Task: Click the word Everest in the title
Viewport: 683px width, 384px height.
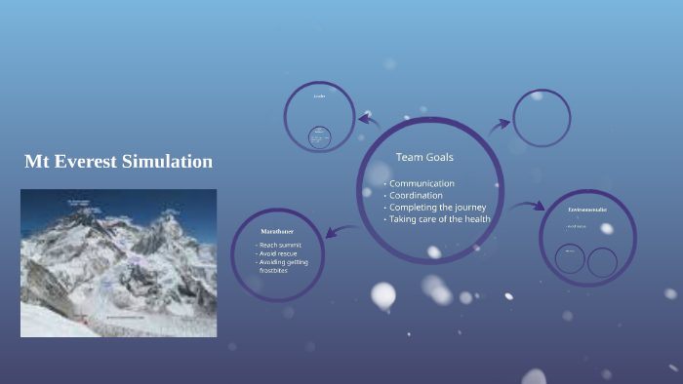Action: [x=83, y=162]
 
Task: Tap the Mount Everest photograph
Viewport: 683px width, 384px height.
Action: [x=118, y=263]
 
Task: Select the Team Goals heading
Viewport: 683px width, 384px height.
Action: [x=424, y=157]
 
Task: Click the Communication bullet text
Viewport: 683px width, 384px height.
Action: [x=422, y=183]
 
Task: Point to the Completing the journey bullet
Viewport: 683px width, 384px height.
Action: [x=436, y=208]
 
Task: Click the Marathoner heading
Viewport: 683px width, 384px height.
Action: [x=278, y=230]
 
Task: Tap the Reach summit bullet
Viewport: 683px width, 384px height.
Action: [x=280, y=245]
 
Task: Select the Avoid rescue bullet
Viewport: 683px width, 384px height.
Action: [x=279, y=253]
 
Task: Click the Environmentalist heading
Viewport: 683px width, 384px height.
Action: [x=587, y=210]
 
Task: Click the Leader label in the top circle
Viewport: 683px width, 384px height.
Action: [x=319, y=96]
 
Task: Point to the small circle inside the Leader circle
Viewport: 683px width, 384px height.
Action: [x=319, y=137]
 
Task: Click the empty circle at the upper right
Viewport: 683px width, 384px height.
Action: [x=542, y=119]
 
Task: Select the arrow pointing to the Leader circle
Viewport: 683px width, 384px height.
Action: [x=369, y=121]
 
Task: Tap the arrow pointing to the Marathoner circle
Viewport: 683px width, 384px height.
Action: [x=341, y=231]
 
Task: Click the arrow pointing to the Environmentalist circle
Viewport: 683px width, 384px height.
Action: [x=527, y=207]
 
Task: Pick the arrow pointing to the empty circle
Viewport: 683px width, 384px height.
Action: [x=500, y=124]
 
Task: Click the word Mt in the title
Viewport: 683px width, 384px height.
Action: [x=36, y=162]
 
